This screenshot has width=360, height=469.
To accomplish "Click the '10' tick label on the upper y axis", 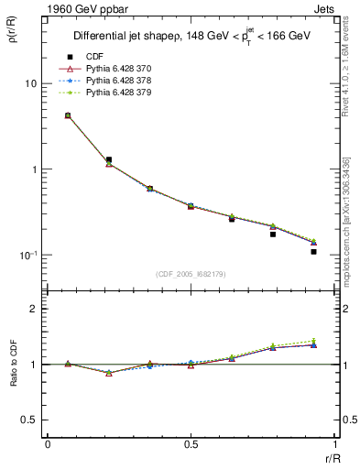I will click(x=30, y=83).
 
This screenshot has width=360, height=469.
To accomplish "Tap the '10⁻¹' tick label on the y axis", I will click(x=27, y=255).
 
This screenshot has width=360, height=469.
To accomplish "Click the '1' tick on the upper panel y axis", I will click(x=34, y=169).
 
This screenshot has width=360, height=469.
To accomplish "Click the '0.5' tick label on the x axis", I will click(x=191, y=444).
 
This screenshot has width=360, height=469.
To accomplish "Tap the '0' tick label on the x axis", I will click(x=48, y=444).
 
